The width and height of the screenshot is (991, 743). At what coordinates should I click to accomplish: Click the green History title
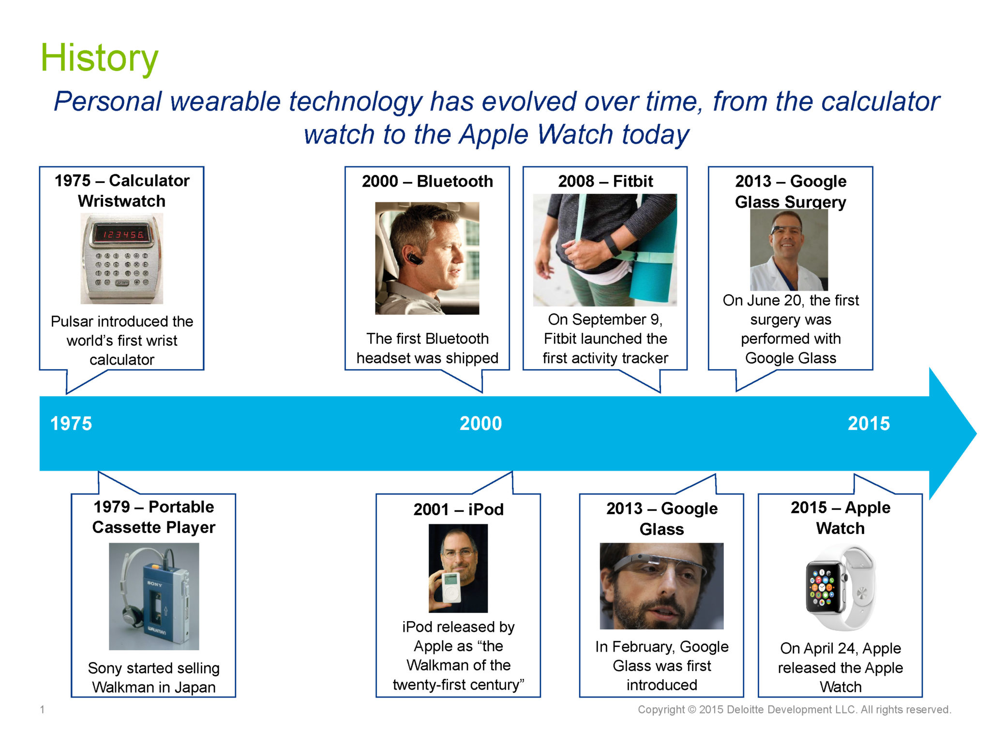[x=99, y=58]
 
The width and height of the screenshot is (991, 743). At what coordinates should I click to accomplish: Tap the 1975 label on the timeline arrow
[x=71, y=423]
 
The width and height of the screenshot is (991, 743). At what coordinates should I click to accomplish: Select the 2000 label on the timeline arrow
[x=480, y=423]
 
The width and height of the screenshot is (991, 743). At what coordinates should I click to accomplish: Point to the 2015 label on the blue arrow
[x=869, y=423]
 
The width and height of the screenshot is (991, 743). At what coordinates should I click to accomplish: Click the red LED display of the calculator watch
[x=122, y=235]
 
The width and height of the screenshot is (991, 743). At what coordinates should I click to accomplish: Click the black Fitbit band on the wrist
[x=613, y=245]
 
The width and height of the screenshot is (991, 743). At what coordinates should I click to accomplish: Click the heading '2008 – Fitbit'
[x=605, y=181]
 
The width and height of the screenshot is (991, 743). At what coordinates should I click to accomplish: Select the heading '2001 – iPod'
[x=458, y=509]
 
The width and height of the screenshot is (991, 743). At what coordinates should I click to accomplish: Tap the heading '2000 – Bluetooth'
[x=427, y=181]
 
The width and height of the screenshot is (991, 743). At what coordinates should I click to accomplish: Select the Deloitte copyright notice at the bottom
[x=795, y=710]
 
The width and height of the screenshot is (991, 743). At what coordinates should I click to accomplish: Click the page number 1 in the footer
[x=43, y=710]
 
